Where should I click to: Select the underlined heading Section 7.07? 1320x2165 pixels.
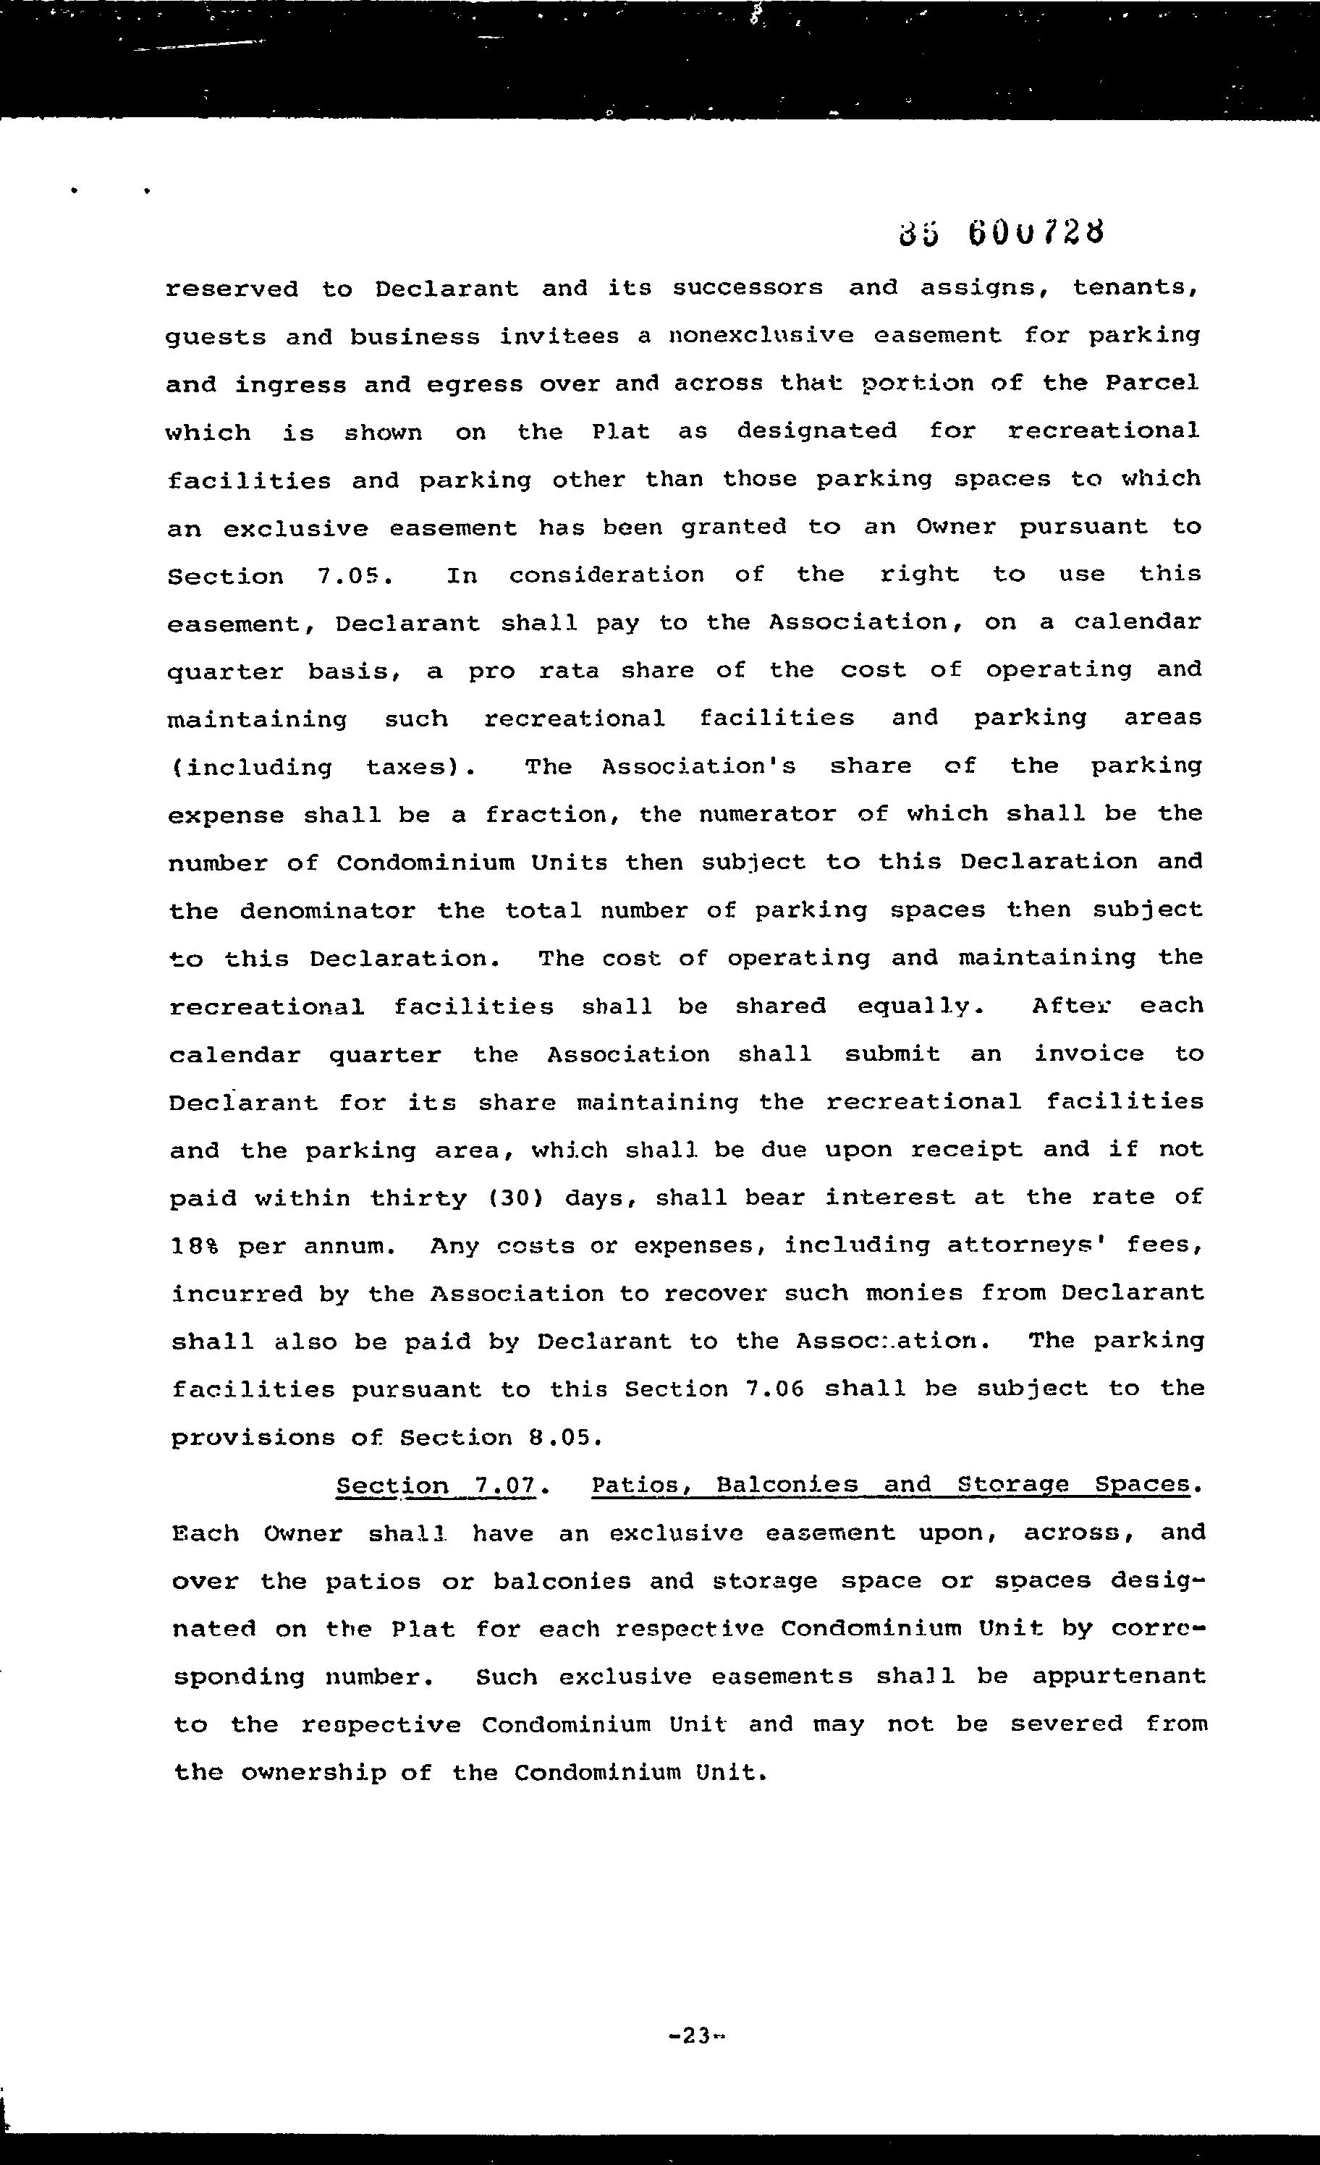(x=436, y=1486)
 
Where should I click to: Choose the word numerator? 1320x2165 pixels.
(x=767, y=815)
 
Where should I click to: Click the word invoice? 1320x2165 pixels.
(x=1088, y=1054)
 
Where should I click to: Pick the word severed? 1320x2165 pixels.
(x=1065, y=1724)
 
